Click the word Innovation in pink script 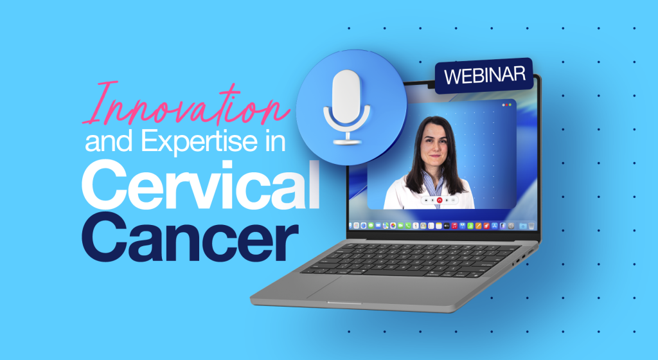(187, 105)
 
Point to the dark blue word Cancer (190, 237)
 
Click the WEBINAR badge (485, 76)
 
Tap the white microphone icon (346, 107)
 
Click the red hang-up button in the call (440, 201)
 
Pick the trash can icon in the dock (531, 226)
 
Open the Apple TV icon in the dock (447, 226)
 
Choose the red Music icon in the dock (454, 226)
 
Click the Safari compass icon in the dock (364, 226)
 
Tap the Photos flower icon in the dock (393, 226)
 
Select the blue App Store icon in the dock (495, 226)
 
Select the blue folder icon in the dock (523, 226)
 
